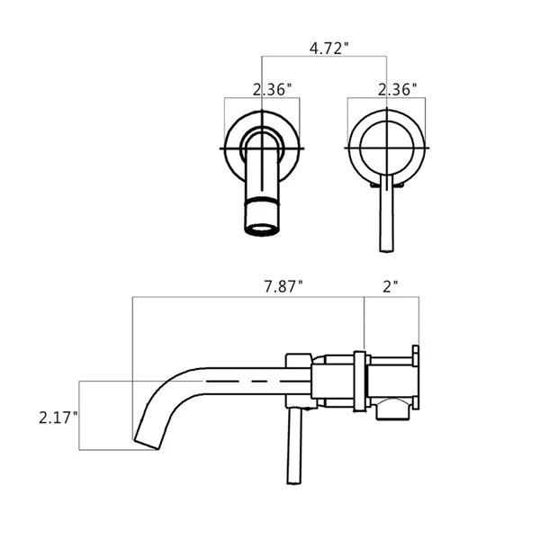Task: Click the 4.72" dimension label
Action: (328, 49)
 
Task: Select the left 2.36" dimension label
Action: (270, 90)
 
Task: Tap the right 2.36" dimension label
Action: (397, 90)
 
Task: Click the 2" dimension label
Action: (390, 287)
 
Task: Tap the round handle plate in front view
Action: (386, 146)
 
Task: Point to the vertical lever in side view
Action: (293, 450)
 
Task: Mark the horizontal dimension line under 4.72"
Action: (324, 58)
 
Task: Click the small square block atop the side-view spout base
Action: (298, 361)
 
